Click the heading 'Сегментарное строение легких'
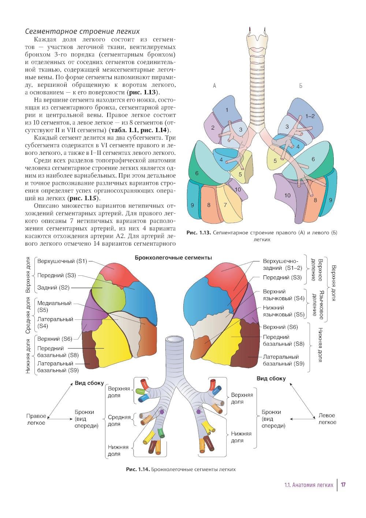(x=82, y=31)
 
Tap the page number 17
(x=343, y=485)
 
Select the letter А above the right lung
(x=214, y=86)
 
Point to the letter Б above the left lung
(x=300, y=86)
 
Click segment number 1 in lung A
(x=227, y=110)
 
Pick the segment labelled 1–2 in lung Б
(x=310, y=116)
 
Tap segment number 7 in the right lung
(x=225, y=205)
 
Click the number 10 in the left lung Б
(x=287, y=195)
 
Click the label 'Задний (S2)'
(x=53, y=288)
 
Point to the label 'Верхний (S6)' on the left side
(x=55, y=339)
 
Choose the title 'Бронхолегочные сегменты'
(x=173, y=258)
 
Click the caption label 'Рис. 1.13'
(x=198, y=232)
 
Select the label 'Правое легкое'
(x=36, y=420)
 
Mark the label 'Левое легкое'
(x=327, y=419)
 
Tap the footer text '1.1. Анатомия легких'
(x=309, y=485)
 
